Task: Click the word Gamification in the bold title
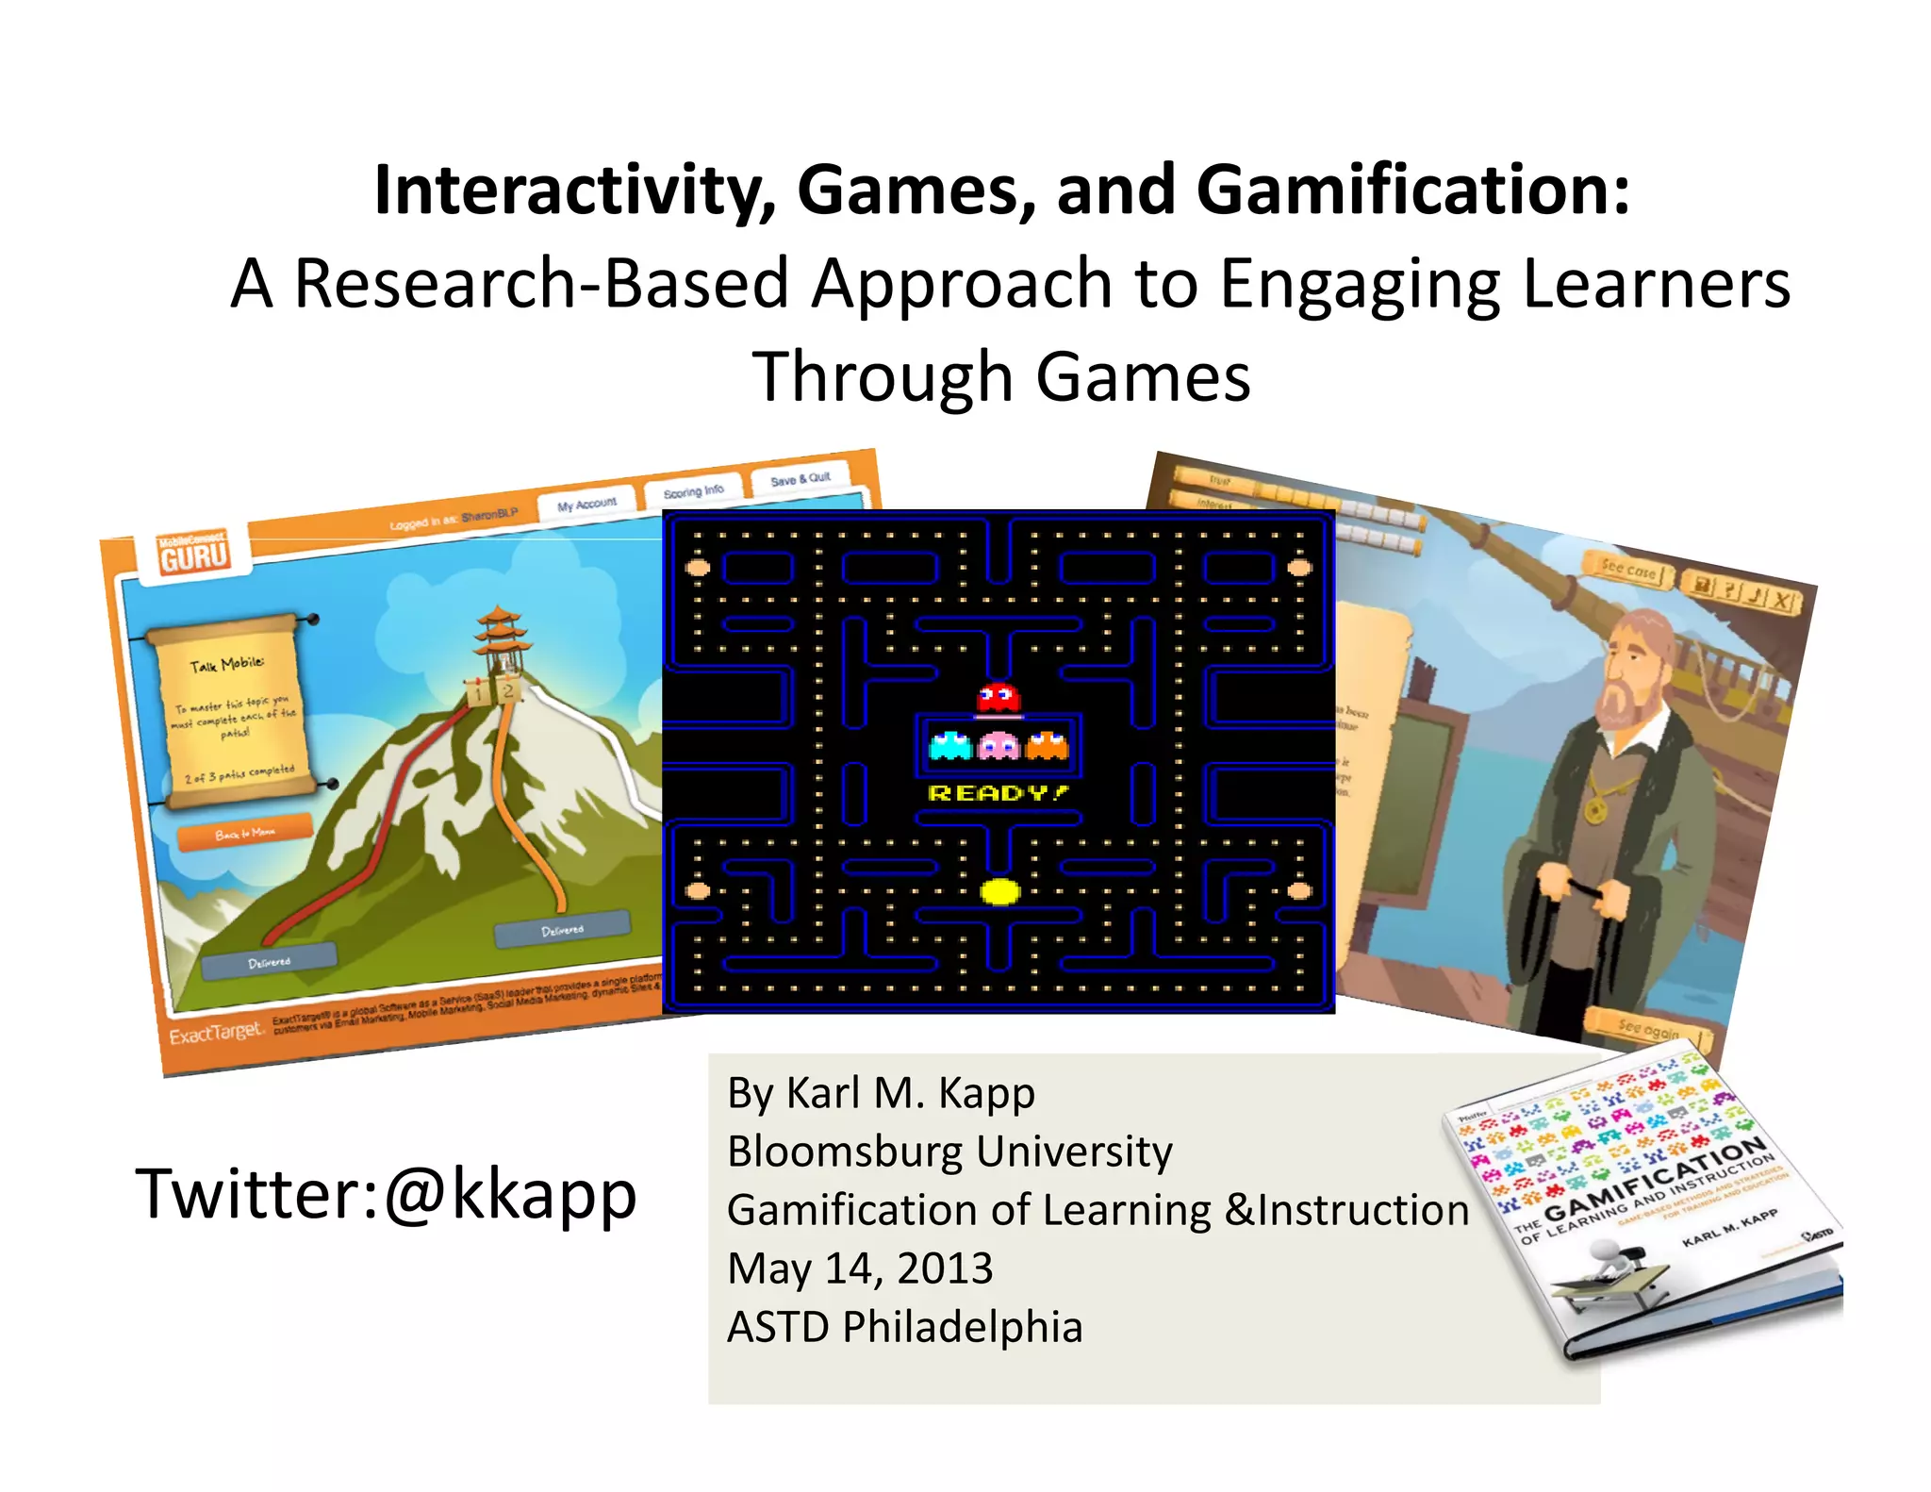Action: point(1412,191)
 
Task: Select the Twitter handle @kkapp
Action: point(510,1194)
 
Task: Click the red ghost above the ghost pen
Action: point(998,698)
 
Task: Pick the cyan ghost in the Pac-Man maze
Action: point(950,746)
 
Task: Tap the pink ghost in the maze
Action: point(999,747)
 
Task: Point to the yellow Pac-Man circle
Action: point(999,891)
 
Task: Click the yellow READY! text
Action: point(999,793)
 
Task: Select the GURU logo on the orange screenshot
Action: point(193,554)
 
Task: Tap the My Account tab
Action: point(586,505)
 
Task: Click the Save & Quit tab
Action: point(800,479)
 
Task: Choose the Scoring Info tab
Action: point(693,491)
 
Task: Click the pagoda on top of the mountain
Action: point(500,641)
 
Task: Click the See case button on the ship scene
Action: point(1628,571)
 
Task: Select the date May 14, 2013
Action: point(860,1268)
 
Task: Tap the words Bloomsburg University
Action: point(949,1152)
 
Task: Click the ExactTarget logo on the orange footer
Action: point(215,1035)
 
